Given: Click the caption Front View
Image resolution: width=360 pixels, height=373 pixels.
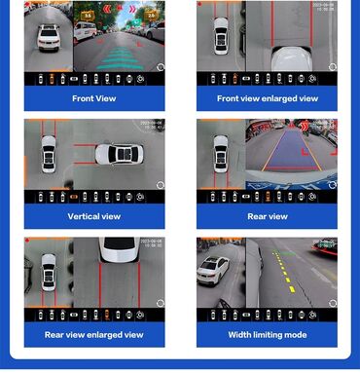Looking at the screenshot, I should [x=94, y=98].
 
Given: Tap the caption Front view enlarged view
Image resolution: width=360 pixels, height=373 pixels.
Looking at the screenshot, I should [x=267, y=98].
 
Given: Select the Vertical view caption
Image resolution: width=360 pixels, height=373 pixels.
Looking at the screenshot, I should [x=94, y=216].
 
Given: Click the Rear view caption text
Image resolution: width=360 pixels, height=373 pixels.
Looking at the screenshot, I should [x=267, y=216].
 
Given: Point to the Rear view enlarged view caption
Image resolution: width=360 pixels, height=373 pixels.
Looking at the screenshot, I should [x=94, y=335].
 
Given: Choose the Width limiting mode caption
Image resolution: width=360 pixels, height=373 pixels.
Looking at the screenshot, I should [x=267, y=335].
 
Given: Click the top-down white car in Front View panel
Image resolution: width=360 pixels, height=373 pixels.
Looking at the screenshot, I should [x=49, y=38].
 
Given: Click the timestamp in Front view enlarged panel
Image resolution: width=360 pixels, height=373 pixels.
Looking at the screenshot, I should [x=324, y=7].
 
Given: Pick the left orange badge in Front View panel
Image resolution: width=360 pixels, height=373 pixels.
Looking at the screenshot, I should [x=87, y=15].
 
